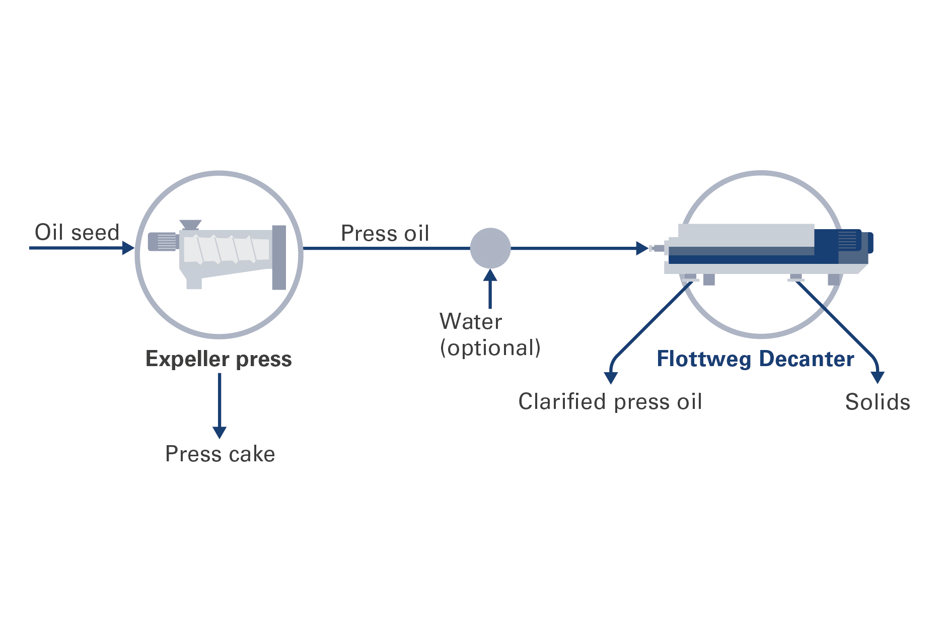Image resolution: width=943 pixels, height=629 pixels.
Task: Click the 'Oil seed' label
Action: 77,233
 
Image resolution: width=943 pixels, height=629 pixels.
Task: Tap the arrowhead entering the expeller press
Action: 128,248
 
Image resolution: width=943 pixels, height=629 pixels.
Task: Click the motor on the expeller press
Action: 162,241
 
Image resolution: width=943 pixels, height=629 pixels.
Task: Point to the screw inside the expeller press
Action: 226,249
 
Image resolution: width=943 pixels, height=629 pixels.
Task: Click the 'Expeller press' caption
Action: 219,359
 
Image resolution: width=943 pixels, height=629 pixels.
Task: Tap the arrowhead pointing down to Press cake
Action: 220,432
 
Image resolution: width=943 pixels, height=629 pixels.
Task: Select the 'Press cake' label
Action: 220,454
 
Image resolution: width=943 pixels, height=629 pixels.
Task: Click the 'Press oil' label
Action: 385,234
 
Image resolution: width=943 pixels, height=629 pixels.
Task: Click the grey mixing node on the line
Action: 490,248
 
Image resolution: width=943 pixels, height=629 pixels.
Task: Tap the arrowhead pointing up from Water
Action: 490,275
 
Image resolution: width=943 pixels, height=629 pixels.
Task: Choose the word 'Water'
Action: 471,322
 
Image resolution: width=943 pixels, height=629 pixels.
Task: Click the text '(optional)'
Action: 490,348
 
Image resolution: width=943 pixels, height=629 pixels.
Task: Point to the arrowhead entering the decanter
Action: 642,248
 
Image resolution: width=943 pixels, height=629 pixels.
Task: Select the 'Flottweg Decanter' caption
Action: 755,359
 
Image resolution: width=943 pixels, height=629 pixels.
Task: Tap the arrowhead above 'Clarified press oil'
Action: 611,378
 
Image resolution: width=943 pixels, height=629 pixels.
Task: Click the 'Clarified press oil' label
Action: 610,402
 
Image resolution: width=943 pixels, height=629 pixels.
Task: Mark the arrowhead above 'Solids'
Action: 878,377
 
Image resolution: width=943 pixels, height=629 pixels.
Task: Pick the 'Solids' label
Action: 878,402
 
